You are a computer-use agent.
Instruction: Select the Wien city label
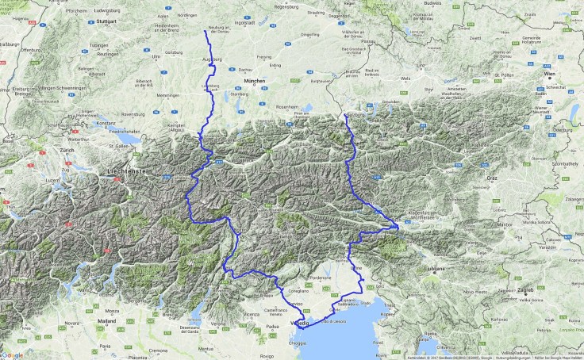tap(550, 74)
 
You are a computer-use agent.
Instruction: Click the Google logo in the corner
tap(13, 354)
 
